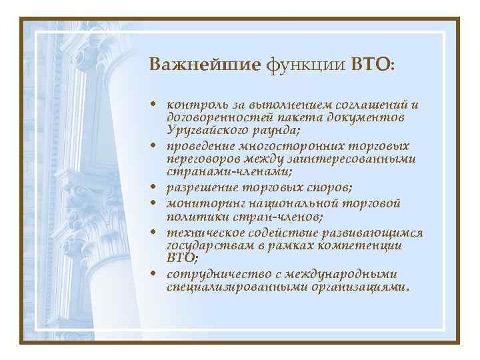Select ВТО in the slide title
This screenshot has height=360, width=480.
click(372, 65)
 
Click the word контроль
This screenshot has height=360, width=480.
click(194, 105)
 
